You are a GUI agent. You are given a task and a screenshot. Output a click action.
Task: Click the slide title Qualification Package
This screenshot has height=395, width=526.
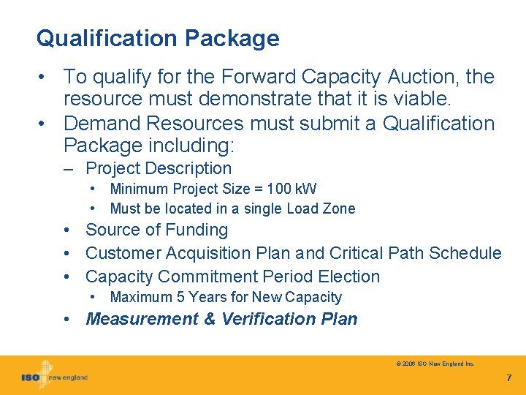pos(158,38)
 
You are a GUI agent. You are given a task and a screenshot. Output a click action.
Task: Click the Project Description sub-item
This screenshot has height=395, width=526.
pos(159,168)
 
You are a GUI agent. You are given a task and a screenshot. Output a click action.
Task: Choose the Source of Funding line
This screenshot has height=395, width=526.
pos(156,230)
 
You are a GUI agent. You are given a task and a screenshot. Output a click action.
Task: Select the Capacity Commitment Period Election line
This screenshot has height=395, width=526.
pos(232,276)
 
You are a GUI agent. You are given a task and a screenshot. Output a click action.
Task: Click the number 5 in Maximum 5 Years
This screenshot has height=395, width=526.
pos(180,297)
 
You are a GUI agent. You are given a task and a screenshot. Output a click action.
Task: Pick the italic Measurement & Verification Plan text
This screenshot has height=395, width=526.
pos(221,319)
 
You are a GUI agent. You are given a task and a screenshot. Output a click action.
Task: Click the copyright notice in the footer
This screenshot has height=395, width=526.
pos(435,364)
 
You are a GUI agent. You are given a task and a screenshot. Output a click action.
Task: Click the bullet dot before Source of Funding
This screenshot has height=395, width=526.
pos(67,230)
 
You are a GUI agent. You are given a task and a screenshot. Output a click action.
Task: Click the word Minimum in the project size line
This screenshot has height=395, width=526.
pos(139,189)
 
